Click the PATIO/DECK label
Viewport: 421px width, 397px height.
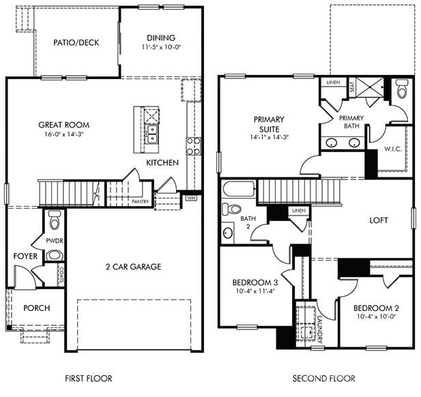pyautogui.click(x=76, y=42)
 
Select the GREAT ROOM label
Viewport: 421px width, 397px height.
pyautogui.click(x=63, y=125)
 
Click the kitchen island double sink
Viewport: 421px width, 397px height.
pyautogui.click(x=151, y=130)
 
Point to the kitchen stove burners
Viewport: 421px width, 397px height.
pyautogui.click(x=194, y=145)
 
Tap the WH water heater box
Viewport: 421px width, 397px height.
pyautogui.click(x=192, y=198)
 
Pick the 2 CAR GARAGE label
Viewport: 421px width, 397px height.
pyautogui.click(x=133, y=267)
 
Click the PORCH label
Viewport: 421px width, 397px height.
pyautogui.click(x=36, y=308)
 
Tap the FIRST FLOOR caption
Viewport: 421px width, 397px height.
pyautogui.click(x=88, y=378)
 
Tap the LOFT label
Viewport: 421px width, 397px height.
pyautogui.click(x=379, y=220)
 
